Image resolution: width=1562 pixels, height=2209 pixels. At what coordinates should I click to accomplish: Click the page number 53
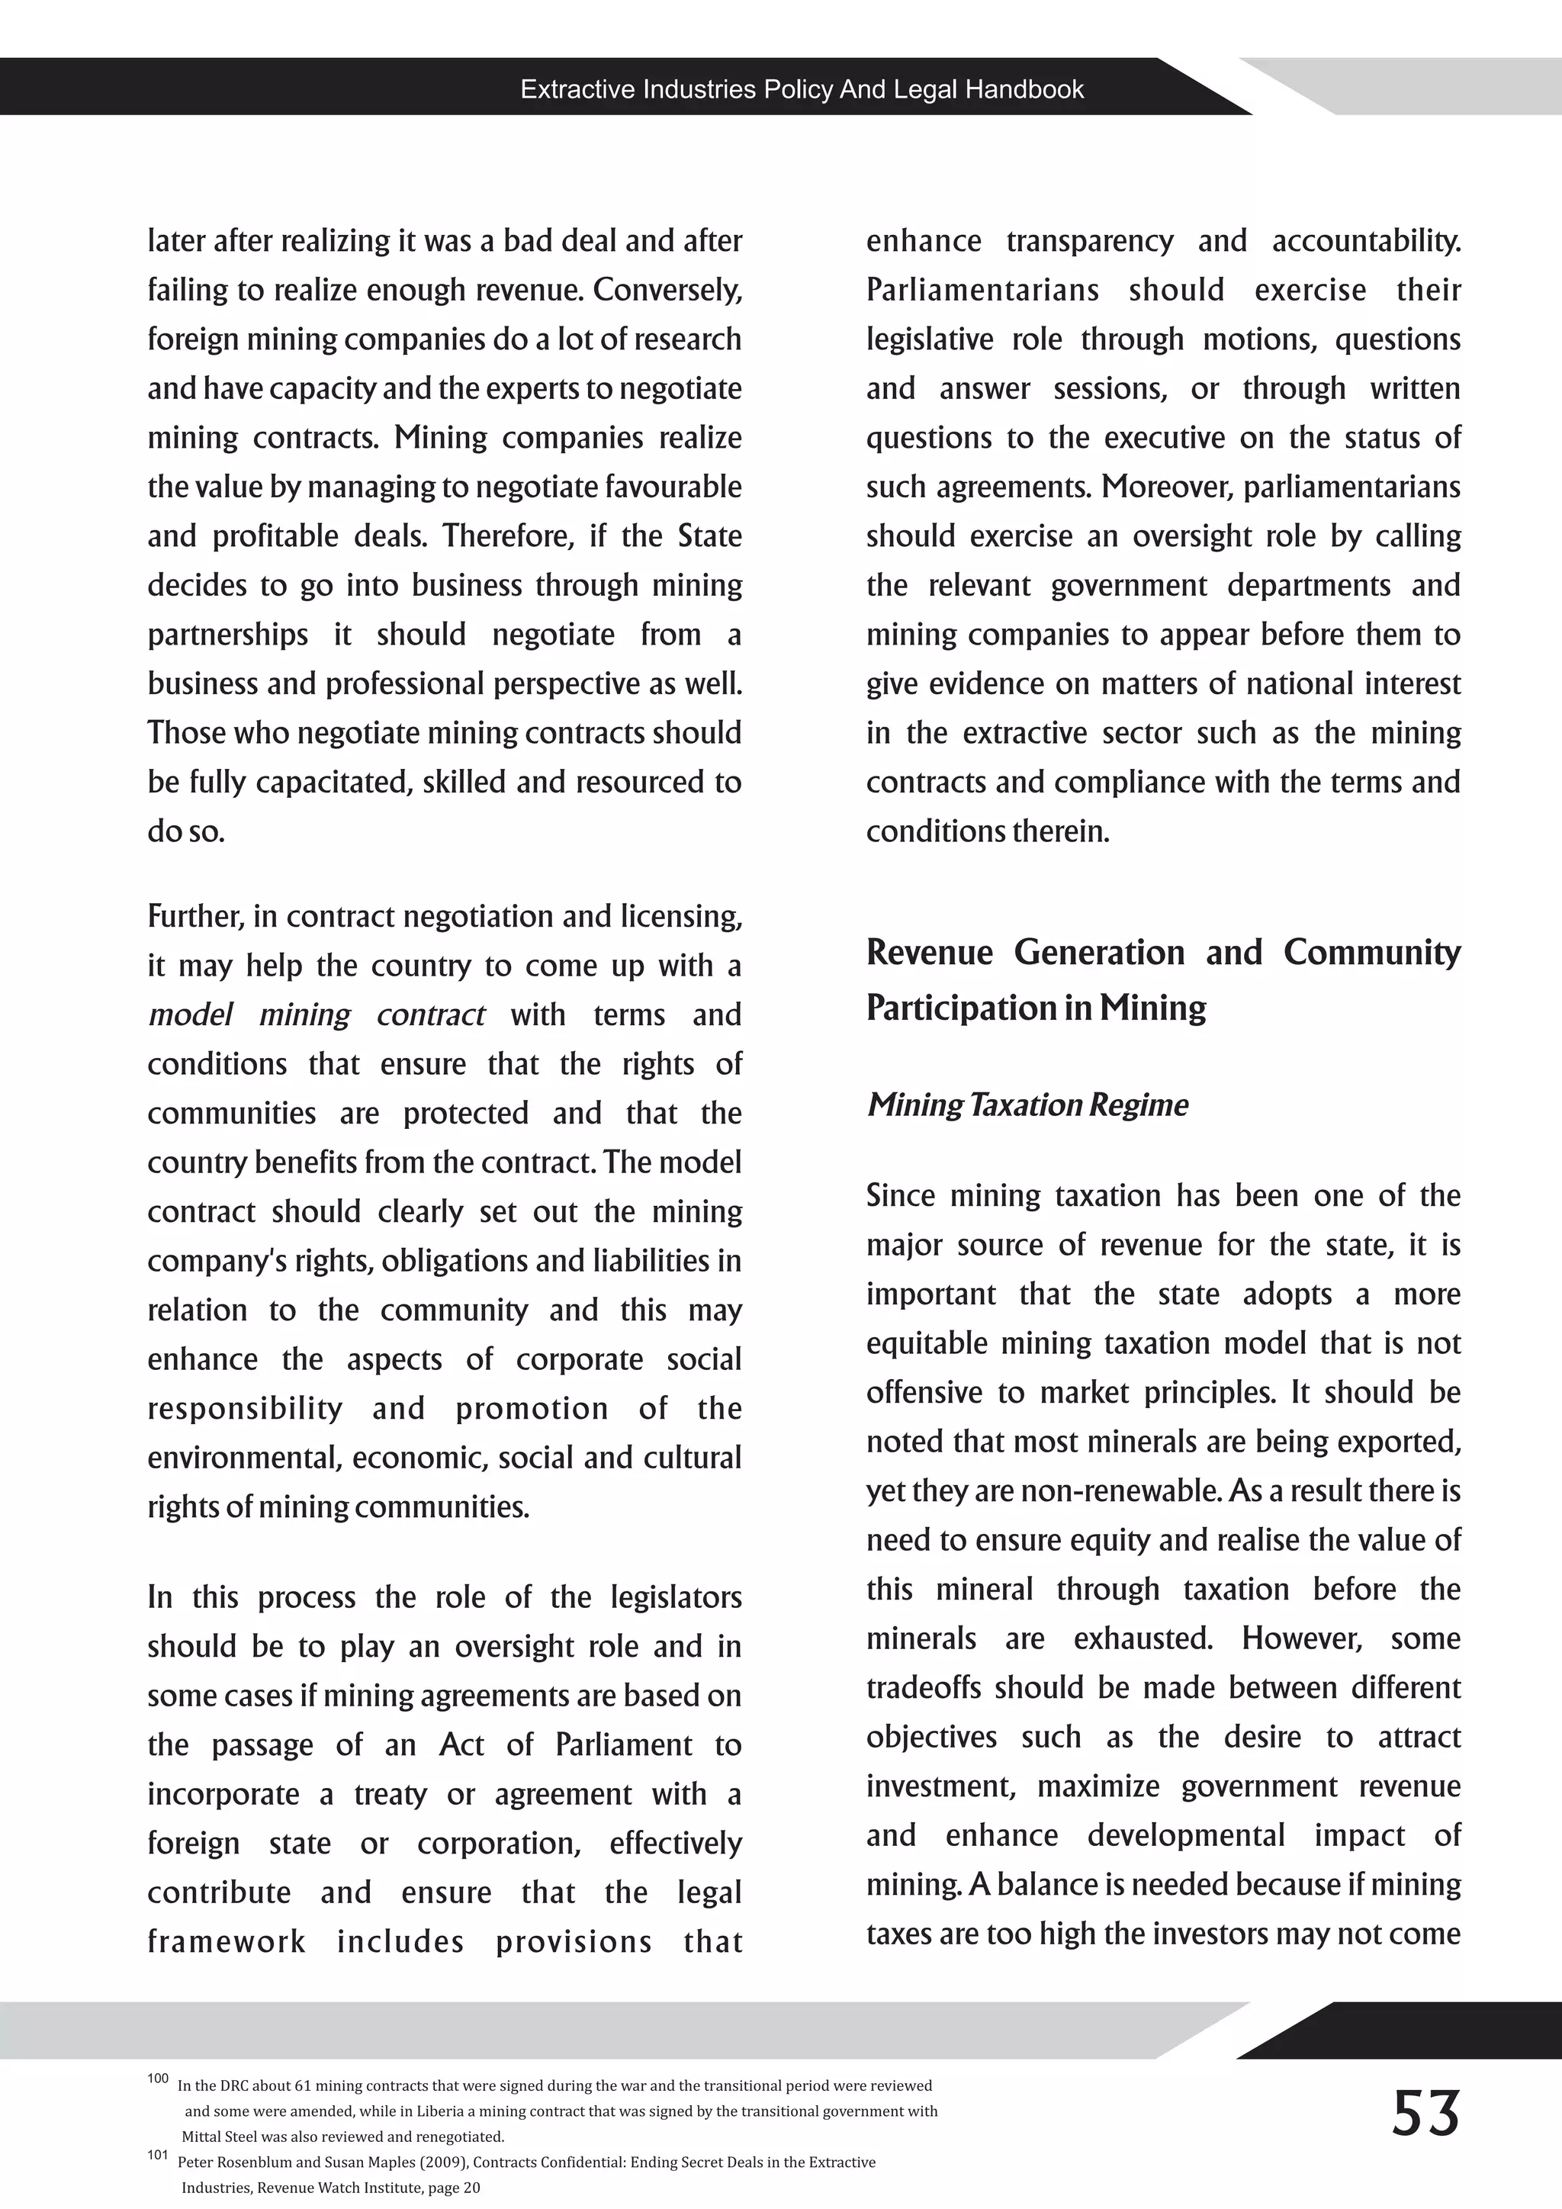coord(1425,2114)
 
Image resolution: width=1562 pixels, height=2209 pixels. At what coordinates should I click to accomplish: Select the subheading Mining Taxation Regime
coord(1027,1104)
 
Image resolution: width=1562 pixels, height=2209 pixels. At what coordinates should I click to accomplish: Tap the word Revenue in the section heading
coord(929,953)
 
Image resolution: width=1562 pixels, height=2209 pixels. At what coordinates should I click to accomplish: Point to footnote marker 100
coord(158,2078)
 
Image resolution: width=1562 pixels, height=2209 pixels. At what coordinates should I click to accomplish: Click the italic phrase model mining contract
coord(317,1015)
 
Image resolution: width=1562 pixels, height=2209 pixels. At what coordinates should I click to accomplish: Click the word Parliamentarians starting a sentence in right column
coord(982,290)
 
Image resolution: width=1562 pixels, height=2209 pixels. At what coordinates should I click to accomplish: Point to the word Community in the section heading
coord(1371,953)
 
